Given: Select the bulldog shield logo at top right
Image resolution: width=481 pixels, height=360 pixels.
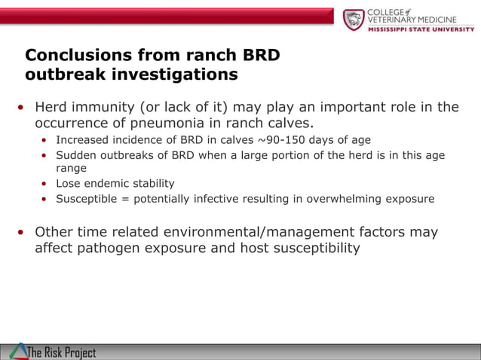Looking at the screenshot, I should (354, 19).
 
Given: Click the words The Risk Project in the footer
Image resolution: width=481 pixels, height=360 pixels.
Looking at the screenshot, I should (62, 352).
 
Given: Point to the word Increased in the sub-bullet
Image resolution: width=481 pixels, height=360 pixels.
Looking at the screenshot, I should (82, 139).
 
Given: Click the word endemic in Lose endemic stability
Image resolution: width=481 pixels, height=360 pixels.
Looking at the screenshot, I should (107, 184).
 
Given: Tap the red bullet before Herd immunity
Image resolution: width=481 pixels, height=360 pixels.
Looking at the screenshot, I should (22, 107).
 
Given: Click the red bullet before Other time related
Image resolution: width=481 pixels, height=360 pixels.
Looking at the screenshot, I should (22, 232).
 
